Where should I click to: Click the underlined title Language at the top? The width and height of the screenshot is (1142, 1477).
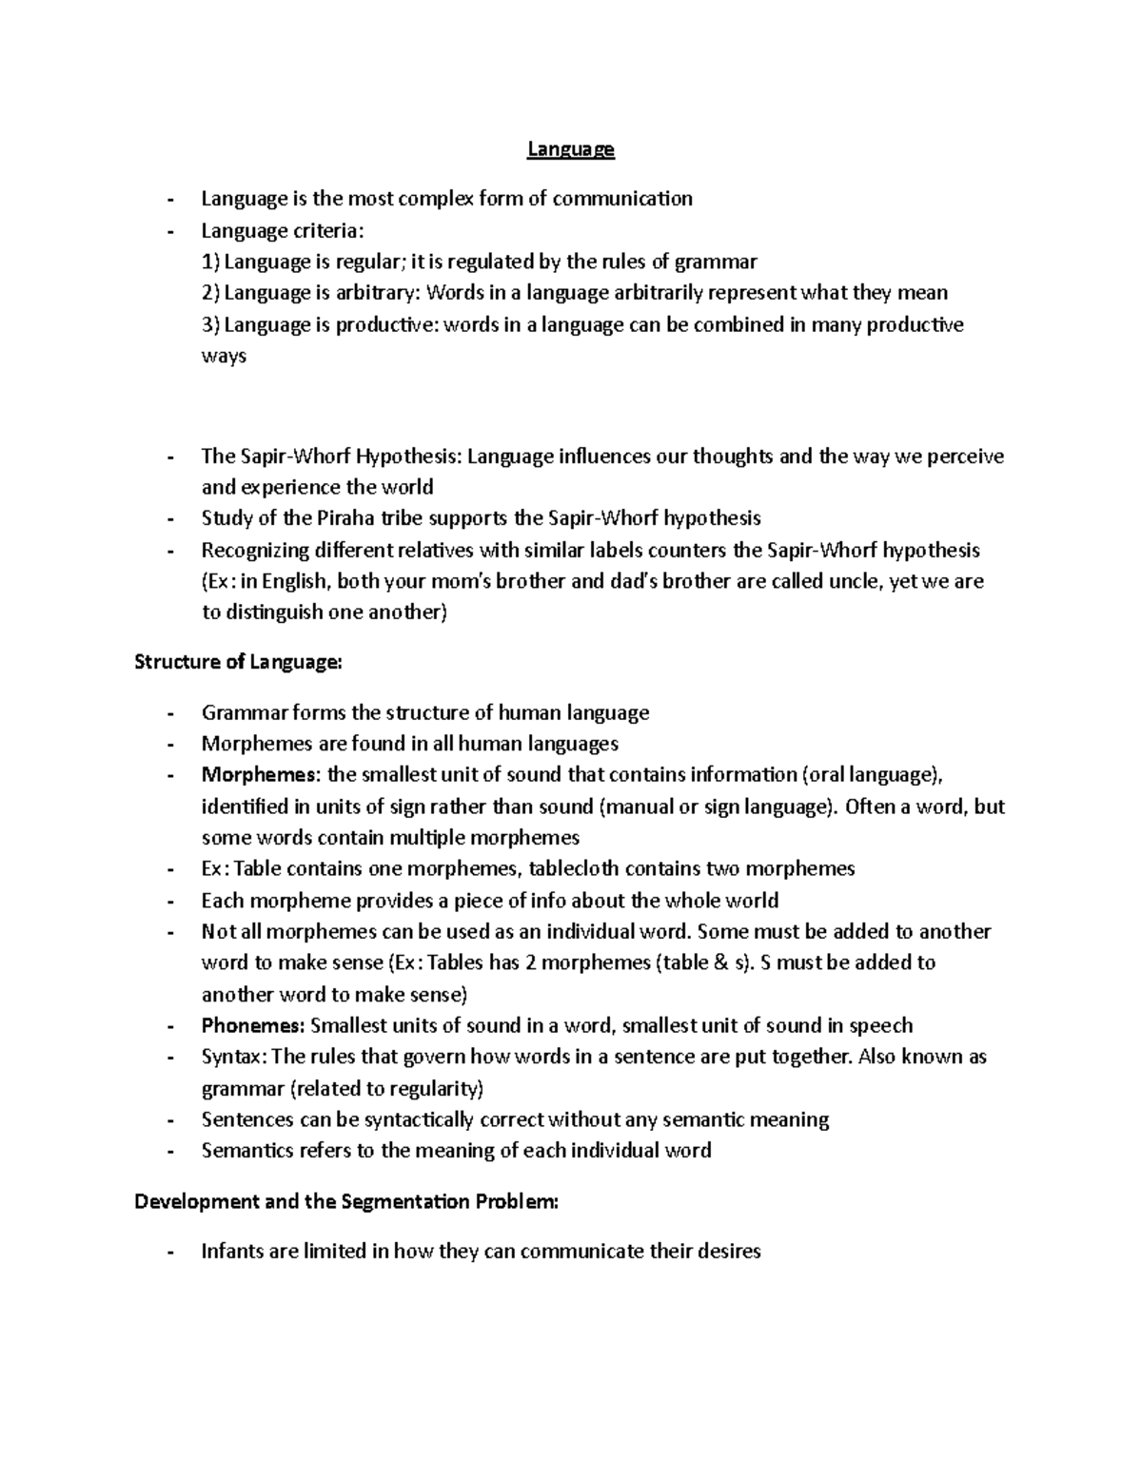tap(571, 149)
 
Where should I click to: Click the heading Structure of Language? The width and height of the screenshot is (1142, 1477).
tap(237, 662)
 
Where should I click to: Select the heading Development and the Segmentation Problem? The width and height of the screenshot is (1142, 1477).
tap(346, 1201)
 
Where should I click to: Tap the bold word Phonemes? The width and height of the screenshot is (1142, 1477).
tap(253, 1025)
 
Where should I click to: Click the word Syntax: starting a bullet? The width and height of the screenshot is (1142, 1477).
tap(234, 1057)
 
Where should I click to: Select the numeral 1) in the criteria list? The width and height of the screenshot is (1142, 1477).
tap(210, 262)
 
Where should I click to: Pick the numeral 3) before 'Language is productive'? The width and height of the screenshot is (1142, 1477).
tap(210, 325)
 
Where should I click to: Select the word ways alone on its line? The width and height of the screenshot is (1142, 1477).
tap(224, 357)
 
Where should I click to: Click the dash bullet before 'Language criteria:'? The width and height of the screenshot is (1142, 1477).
tap(169, 231)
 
